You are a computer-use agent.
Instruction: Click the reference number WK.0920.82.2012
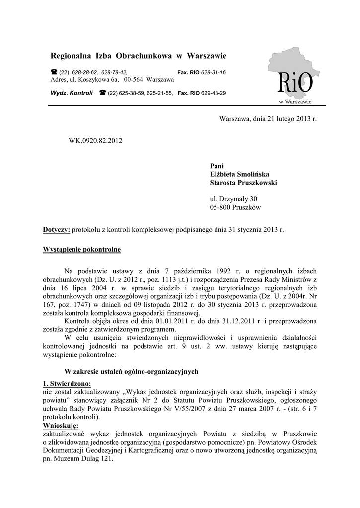[x=95, y=141]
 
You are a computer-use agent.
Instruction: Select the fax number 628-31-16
[x=213, y=72]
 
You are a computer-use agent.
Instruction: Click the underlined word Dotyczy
[x=57, y=230]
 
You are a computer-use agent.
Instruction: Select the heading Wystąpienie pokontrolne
[x=82, y=249]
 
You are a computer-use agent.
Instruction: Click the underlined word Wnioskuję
[x=61, y=426]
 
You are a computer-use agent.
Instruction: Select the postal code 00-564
[x=134, y=80]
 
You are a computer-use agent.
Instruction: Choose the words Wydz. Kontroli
[x=72, y=93]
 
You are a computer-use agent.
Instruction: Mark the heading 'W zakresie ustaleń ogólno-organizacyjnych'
[x=132, y=371]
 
